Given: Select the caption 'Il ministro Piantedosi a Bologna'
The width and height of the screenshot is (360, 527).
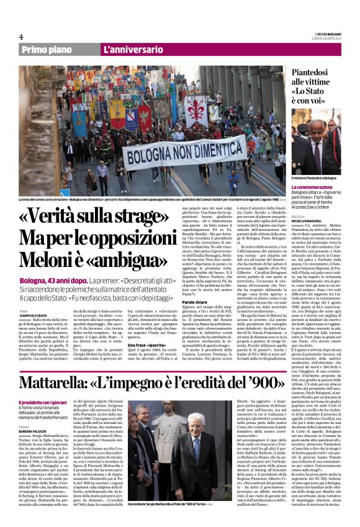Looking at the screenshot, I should pos(314,178).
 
